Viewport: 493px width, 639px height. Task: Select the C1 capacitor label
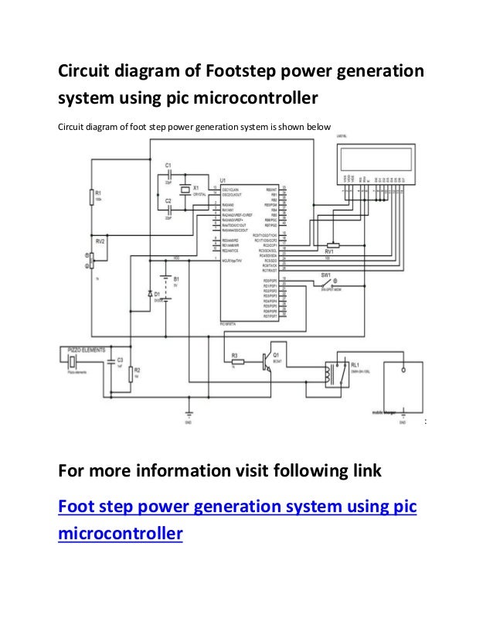166,166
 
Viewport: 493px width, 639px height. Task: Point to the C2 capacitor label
166,201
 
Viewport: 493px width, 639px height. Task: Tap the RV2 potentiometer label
98,241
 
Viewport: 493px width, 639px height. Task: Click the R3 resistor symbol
238,361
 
